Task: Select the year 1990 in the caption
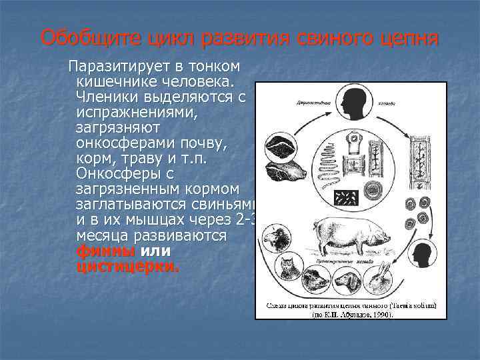(380, 313)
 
